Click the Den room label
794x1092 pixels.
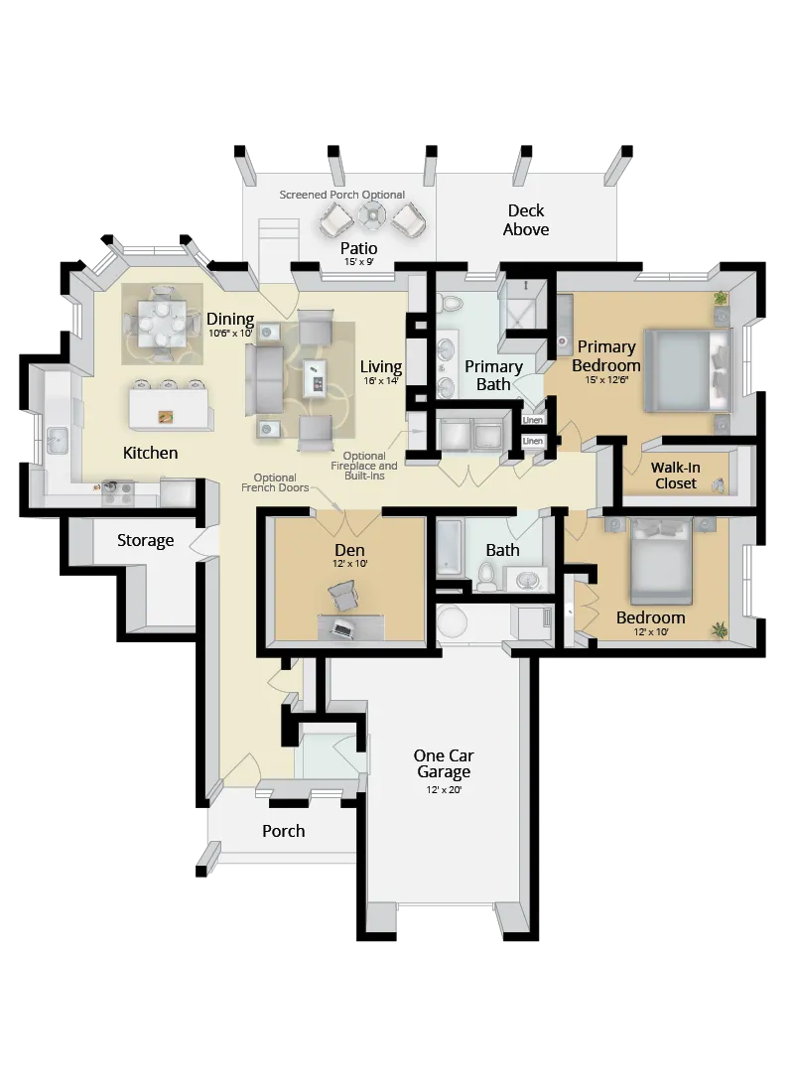point(349,550)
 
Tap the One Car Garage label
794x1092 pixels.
point(443,763)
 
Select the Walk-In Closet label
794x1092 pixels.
point(675,476)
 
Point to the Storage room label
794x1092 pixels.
point(146,541)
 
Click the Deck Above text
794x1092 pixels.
point(526,220)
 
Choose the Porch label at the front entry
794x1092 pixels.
point(283,831)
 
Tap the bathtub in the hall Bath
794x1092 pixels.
point(449,550)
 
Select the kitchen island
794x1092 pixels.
point(171,407)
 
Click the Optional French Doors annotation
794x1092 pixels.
point(274,482)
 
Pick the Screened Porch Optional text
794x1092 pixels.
point(341,195)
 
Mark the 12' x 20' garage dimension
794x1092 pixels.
point(443,790)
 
